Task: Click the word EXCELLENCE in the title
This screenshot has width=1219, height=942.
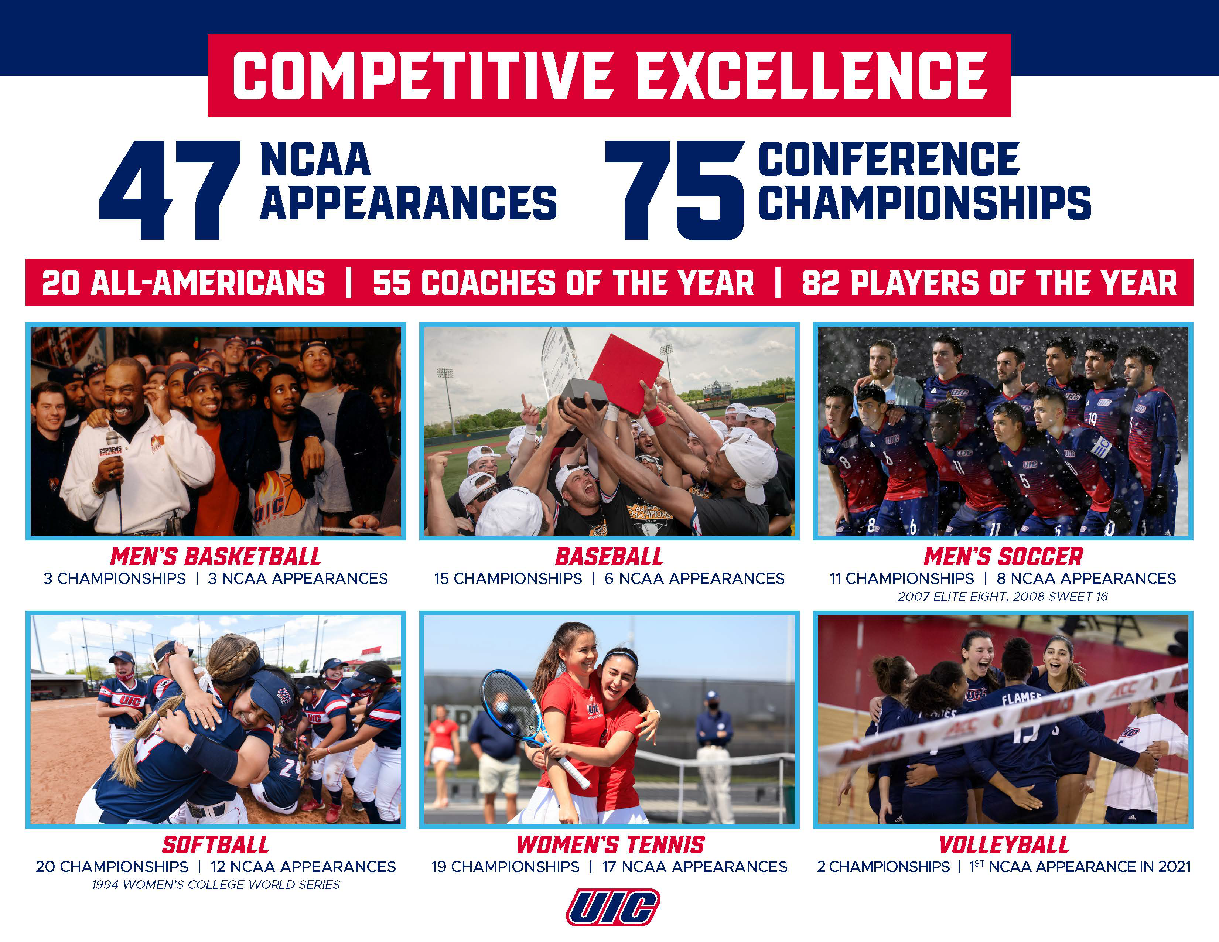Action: [x=812, y=76]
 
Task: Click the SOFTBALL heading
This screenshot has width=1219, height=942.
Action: [x=215, y=845]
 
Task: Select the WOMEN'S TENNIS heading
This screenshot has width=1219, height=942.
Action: [x=611, y=845]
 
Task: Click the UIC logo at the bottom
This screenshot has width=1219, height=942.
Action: [x=613, y=907]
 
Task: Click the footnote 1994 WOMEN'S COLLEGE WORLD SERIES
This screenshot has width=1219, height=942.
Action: [x=216, y=884]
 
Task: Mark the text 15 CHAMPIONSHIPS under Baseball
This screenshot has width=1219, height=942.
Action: [x=508, y=579]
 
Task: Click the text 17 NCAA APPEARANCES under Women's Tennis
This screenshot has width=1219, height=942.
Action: [x=695, y=867]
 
